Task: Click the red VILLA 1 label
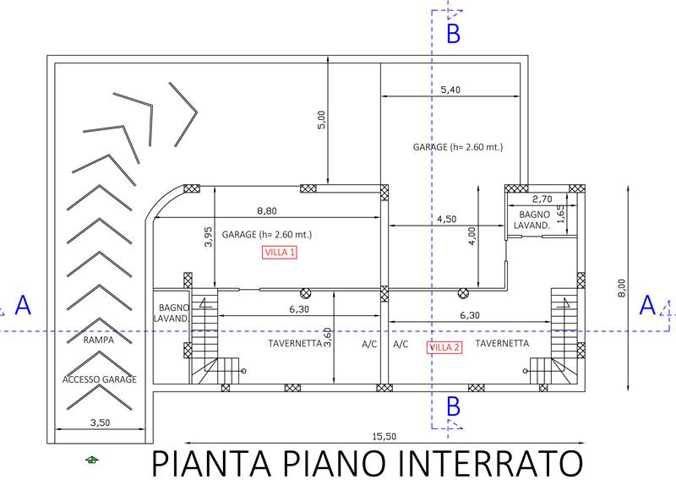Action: [x=280, y=252]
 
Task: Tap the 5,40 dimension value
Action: [x=450, y=89]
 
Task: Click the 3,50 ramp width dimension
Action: [x=100, y=421]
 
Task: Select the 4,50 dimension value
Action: [x=446, y=219]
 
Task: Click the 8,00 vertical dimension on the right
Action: [x=622, y=288]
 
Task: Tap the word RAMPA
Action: [x=98, y=340]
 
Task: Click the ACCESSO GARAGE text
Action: [x=100, y=379]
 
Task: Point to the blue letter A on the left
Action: [x=24, y=306]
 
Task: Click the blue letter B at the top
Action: [x=454, y=34]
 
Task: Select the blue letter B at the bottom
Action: [x=454, y=406]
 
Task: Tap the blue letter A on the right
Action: [x=647, y=305]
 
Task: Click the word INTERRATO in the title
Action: [x=490, y=466]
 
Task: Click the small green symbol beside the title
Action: [x=92, y=460]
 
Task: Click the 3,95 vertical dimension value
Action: [x=208, y=236]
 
